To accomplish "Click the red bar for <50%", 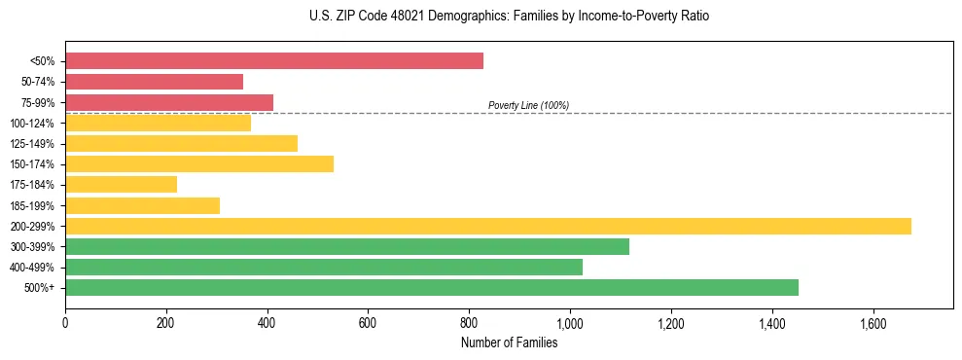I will tap(274, 61).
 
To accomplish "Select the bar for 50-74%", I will tap(154, 82).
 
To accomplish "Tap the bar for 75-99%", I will tap(169, 102).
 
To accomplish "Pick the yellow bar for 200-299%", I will tap(488, 226).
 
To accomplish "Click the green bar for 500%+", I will tap(432, 287).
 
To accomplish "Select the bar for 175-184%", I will tap(122, 184).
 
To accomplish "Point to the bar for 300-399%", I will tap(347, 246).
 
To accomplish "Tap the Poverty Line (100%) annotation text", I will tap(528, 105).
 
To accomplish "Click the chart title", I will tap(481, 17).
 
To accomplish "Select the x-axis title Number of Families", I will tap(509, 342).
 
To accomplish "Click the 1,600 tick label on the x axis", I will tap(873, 321).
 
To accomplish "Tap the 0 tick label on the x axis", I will tap(65, 321).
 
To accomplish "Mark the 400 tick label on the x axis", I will tap(267, 321).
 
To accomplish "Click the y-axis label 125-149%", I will tap(32, 144).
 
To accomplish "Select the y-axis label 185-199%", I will tap(32, 205).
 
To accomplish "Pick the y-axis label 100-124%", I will tap(32, 124).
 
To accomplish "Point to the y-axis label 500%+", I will tap(40, 288).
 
